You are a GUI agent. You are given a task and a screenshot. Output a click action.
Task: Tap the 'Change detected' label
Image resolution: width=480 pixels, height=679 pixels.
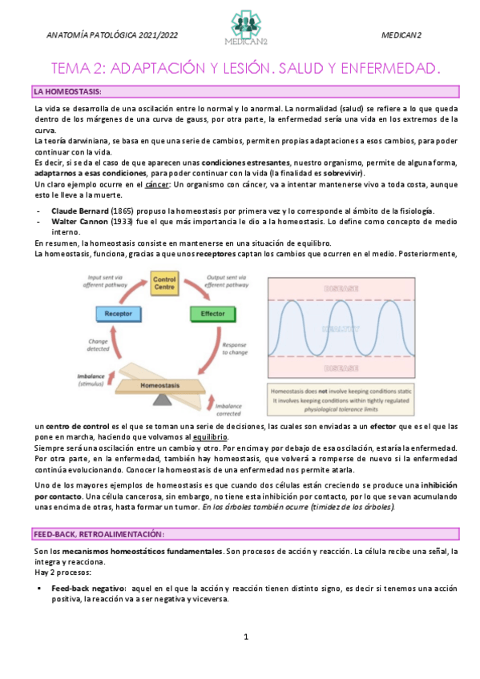point(98,345)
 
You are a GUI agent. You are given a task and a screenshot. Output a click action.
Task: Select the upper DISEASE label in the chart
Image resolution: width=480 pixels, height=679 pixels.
point(344,287)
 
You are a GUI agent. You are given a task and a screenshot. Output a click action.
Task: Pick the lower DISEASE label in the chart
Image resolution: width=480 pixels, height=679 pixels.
point(344,368)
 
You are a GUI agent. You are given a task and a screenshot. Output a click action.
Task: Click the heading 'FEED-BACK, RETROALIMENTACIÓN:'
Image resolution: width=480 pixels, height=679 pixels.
point(99,534)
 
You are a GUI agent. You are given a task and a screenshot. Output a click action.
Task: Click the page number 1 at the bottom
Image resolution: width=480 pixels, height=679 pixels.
point(246,637)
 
